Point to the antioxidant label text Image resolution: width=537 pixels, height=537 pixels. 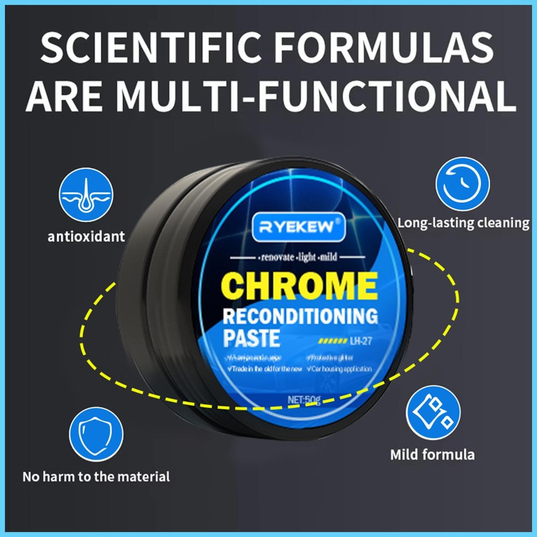coord(87,237)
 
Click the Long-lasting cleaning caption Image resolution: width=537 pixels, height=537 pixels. coord(463,223)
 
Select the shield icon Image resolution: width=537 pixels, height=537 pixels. coord(96,434)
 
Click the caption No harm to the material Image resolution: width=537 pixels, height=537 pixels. coord(96,477)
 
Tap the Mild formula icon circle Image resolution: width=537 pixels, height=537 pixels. coord(433,412)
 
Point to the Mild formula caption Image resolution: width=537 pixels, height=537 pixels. coord(432,454)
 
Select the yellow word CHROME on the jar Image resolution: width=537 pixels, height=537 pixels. coord(299,286)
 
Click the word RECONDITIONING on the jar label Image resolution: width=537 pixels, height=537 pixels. coord(300,316)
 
